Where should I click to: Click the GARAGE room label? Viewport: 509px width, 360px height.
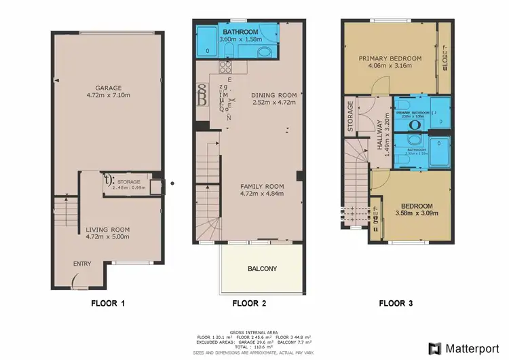(108, 88)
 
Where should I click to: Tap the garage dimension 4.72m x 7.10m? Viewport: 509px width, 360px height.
(108, 96)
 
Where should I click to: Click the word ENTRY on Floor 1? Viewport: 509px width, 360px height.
(82, 264)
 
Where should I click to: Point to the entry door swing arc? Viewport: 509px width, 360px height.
(75, 278)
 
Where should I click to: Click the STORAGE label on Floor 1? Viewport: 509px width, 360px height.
(128, 181)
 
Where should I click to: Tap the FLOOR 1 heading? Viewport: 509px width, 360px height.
(108, 304)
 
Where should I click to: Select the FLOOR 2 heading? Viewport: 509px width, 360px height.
(249, 304)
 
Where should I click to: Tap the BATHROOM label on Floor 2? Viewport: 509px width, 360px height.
(239, 33)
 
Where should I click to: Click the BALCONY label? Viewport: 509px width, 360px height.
(261, 269)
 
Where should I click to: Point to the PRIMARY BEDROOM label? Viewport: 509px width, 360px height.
(390, 59)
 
